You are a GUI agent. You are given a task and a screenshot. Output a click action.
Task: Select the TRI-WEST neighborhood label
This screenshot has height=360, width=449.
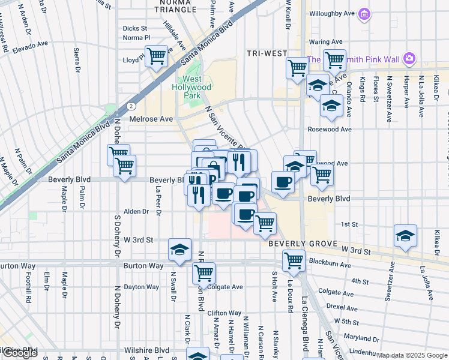(x=267, y=53)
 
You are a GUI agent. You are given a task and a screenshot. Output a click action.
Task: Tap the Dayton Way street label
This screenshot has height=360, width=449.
(x=141, y=287)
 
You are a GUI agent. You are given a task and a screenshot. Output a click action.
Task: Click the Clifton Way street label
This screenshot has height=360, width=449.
(x=224, y=313)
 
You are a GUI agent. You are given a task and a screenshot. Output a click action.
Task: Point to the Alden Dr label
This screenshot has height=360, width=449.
(x=136, y=211)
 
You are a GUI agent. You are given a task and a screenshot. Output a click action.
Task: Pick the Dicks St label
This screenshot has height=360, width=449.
(x=134, y=28)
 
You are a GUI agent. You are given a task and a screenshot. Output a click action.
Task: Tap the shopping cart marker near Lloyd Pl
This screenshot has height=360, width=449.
(x=156, y=56)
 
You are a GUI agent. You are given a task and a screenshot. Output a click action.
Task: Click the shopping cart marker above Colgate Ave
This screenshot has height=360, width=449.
(x=203, y=272)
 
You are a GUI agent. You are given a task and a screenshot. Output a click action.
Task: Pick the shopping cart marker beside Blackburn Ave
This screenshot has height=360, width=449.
(x=294, y=260)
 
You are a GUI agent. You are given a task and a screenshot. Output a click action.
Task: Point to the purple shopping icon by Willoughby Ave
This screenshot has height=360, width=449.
(x=363, y=13)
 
